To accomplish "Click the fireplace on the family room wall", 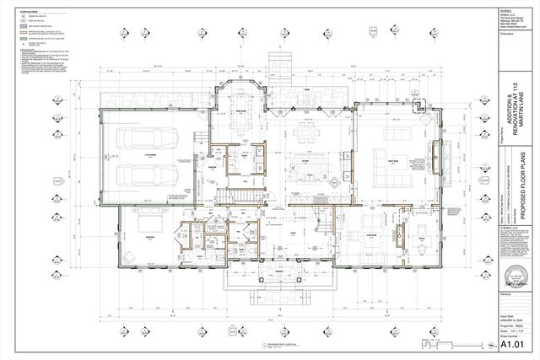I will (x=435, y=153).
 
